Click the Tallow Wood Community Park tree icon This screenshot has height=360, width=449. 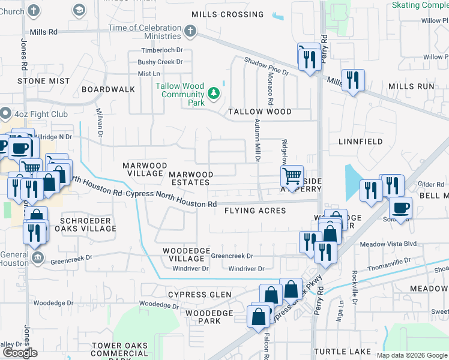coord(213,93)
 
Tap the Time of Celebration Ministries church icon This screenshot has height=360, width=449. coord(190,31)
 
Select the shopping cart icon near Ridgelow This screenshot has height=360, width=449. coord(292,176)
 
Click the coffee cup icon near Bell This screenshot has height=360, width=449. coord(400,208)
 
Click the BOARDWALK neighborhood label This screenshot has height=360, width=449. coord(109,89)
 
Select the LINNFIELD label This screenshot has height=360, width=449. coord(360,142)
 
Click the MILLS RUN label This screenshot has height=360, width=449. coord(411,86)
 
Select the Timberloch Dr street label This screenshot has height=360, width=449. coord(161,50)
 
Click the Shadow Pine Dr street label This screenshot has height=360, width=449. coord(267,66)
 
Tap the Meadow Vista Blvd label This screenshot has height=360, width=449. coord(388,244)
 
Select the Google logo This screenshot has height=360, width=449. coord(20,353)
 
